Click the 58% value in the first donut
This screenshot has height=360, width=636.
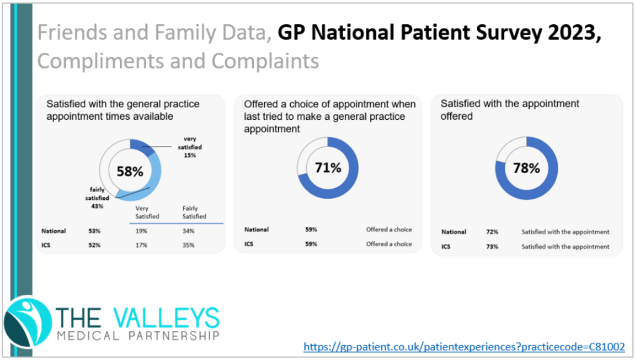[x=130, y=171]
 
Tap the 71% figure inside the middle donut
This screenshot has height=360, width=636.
[x=327, y=168]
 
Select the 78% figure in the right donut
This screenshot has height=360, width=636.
[x=525, y=168]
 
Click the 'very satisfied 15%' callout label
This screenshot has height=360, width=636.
[x=190, y=146]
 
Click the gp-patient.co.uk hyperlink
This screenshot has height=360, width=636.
[x=464, y=346]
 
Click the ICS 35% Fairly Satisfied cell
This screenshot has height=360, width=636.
[x=188, y=245]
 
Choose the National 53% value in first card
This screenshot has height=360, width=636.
[x=95, y=231]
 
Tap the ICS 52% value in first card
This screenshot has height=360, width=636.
[x=95, y=245]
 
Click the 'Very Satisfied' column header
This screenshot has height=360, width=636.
[x=147, y=213]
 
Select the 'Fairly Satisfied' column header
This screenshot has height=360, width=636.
[x=194, y=213]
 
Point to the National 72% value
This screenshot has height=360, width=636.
[x=492, y=232]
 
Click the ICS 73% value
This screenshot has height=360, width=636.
[x=492, y=246]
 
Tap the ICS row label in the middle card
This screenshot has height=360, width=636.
[x=249, y=244]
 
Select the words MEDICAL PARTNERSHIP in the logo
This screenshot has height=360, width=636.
[x=138, y=336]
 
